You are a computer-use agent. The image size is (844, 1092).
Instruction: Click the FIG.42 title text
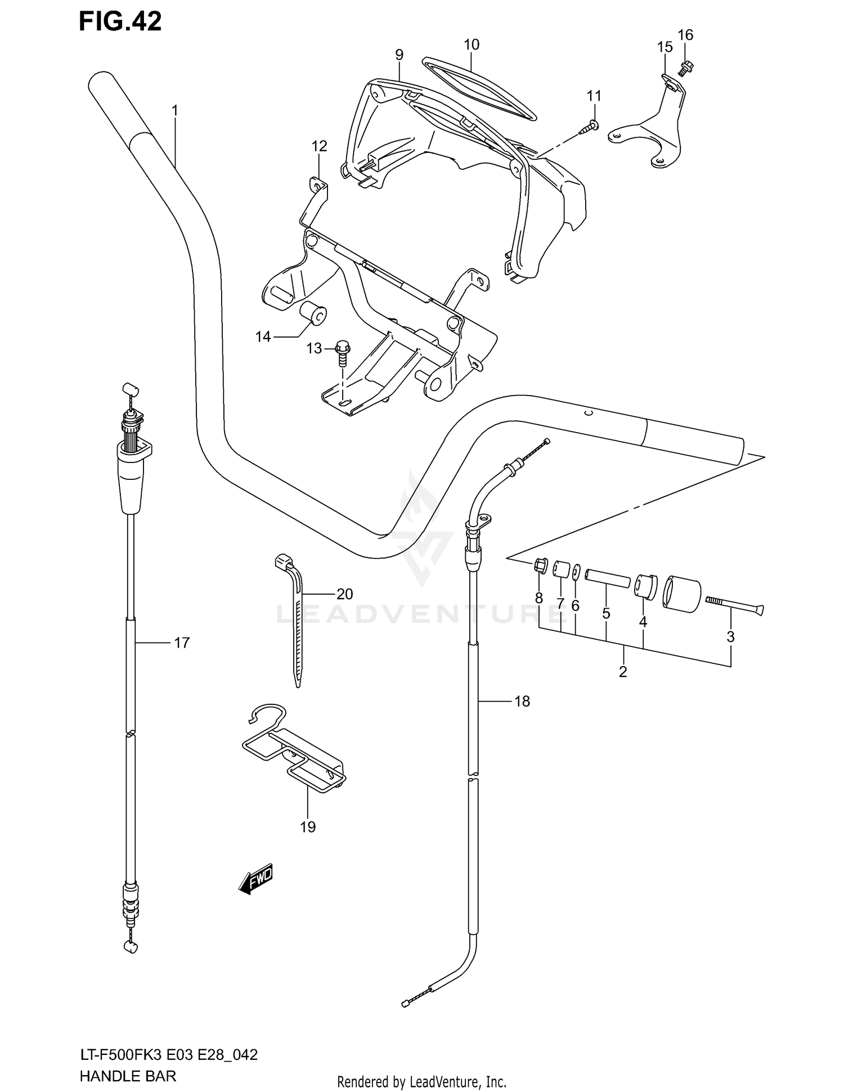[x=120, y=21]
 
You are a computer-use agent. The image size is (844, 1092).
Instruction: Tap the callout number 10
[x=472, y=44]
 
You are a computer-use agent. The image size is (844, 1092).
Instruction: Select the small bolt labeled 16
[x=686, y=69]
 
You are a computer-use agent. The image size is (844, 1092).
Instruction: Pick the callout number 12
[x=319, y=146]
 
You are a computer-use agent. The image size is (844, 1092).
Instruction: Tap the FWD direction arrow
[x=256, y=878]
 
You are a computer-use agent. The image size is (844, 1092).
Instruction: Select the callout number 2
[x=622, y=672]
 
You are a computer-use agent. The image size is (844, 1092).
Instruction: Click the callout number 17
[x=182, y=642]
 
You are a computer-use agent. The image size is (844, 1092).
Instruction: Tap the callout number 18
[x=522, y=701]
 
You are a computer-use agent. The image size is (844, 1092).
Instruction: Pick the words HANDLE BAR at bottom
[x=128, y=1076]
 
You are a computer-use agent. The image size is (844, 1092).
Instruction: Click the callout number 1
[x=174, y=111]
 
